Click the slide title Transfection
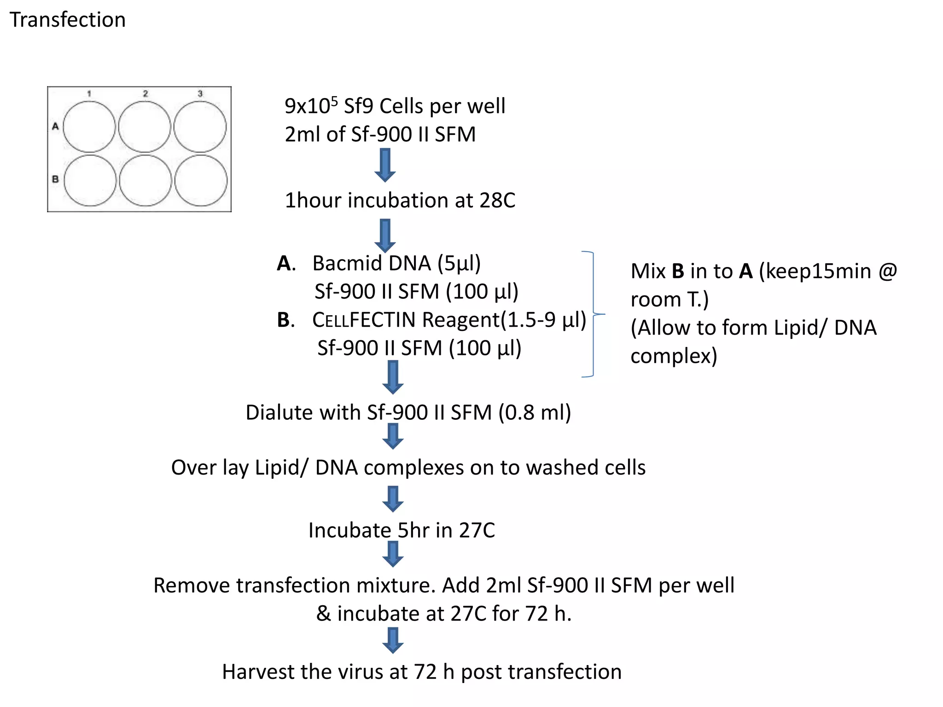point(67,20)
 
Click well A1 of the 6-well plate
point(89,127)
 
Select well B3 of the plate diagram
point(201,180)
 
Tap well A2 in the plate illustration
point(145,127)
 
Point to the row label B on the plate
point(55,179)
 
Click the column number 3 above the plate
point(200,93)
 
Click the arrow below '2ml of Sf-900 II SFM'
point(385,165)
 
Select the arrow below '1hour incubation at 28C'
point(385,235)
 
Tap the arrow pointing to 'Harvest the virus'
point(393,640)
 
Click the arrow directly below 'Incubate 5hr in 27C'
point(393,554)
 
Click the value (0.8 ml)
point(535,412)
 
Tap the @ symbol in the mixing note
point(887,271)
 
